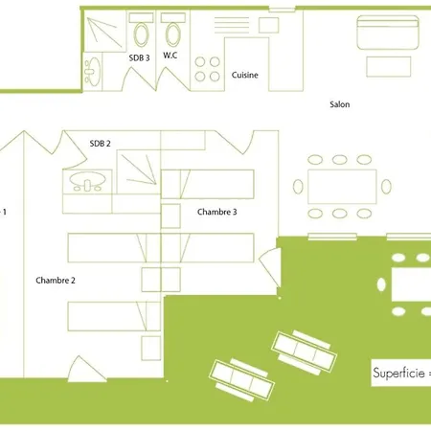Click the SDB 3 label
coord(139,57)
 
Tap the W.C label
coord(170,56)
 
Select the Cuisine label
coord(245,75)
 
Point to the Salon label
coord(340,104)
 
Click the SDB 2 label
coord(100,144)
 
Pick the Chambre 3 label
coord(217,212)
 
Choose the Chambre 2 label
coord(56,281)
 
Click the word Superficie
coord(398,373)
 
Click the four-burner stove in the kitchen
coord(208,69)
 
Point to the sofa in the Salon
coord(388,33)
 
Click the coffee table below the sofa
coord(389,67)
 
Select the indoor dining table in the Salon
coord(342,187)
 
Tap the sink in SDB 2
coord(87,181)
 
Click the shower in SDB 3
coord(105,31)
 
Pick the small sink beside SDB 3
coord(93,72)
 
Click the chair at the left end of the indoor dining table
coord(298,187)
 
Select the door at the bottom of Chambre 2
coord(86,369)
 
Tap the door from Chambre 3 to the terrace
coord(270,266)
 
